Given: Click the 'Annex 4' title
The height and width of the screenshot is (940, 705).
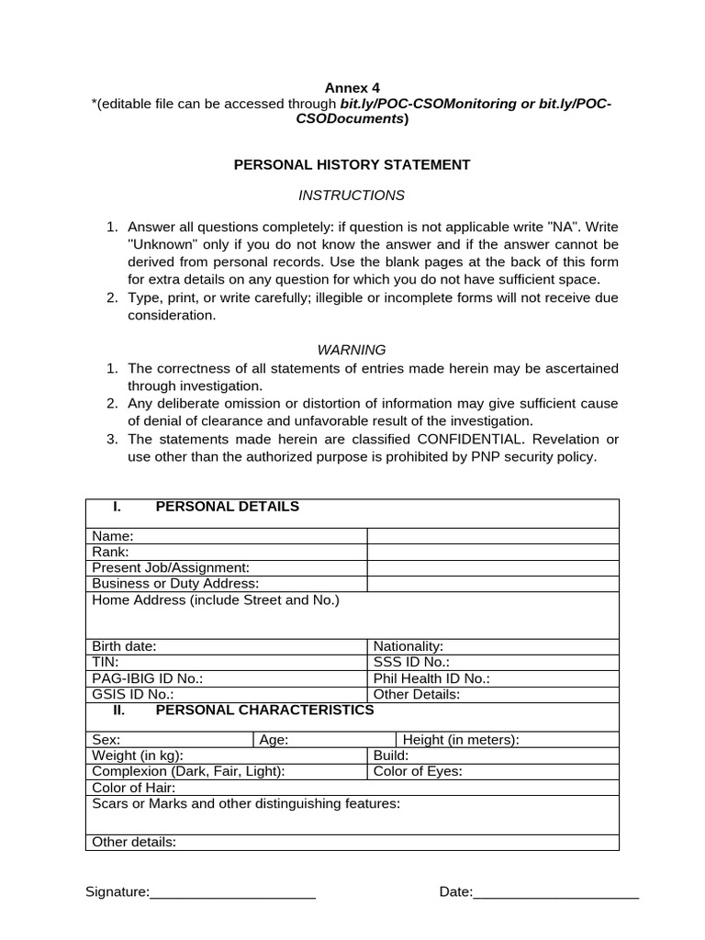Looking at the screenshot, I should [x=352, y=88].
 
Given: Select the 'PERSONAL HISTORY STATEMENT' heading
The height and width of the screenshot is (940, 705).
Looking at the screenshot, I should [x=352, y=164].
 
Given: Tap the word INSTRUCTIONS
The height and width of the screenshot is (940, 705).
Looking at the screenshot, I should [x=352, y=196].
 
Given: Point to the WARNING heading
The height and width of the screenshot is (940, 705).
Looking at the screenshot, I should [x=352, y=350].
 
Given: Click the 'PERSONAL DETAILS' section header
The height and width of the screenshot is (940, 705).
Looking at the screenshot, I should [x=227, y=507].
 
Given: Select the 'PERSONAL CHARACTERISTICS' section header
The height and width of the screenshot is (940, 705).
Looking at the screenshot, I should [x=264, y=711].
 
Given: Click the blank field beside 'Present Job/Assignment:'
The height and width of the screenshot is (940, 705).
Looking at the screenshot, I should [x=493, y=568].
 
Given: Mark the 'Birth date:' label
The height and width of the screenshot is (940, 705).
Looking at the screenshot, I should [x=125, y=646].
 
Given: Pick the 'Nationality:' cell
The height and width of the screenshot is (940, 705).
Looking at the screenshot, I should [x=408, y=646].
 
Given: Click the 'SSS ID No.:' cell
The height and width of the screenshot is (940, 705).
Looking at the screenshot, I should [x=411, y=662].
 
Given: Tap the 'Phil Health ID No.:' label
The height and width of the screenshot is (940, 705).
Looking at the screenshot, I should [x=431, y=678].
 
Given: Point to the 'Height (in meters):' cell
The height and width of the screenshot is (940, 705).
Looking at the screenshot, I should [x=461, y=740].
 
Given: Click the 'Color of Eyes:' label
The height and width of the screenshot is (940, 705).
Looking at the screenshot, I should [x=418, y=771].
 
